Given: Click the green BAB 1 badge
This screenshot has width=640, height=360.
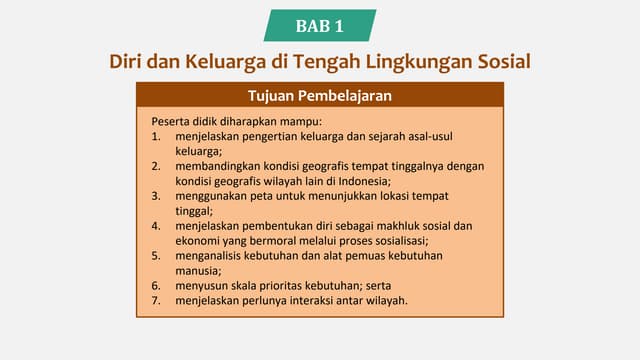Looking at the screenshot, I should click(x=320, y=25).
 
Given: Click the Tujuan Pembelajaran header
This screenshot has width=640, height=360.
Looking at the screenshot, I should click(x=319, y=96).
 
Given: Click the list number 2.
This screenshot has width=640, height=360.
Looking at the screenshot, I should click(x=155, y=167).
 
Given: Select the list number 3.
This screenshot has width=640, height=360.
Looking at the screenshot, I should click(x=155, y=197).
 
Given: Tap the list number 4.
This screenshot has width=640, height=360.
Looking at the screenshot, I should click(x=155, y=226).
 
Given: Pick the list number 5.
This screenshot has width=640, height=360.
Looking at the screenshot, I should click(x=155, y=256).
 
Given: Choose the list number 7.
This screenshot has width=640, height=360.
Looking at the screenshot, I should click(x=155, y=300).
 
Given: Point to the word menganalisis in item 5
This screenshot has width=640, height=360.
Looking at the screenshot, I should click(x=211, y=256).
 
